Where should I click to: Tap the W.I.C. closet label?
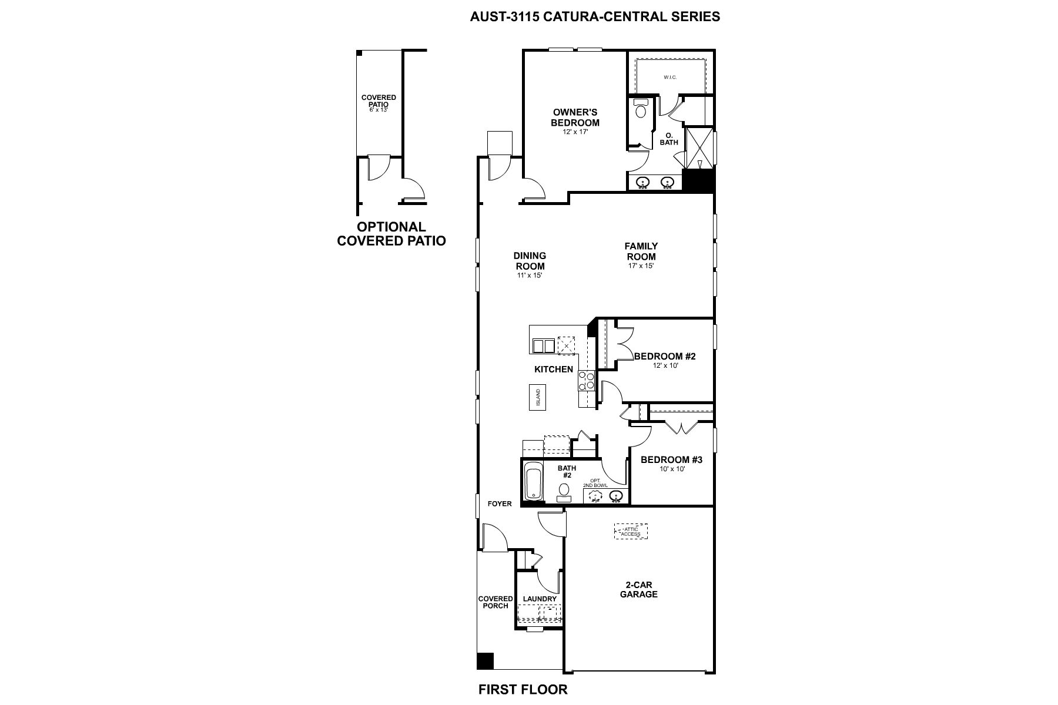(x=670, y=77)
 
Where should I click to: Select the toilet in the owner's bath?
(x=640, y=110)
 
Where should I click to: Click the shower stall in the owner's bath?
(x=699, y=149)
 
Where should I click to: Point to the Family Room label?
(x=641, y=251)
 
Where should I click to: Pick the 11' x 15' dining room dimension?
(x=530, y=275)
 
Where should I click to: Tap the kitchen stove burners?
(x=587, y=380)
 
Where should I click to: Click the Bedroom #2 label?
(x=665, y=356)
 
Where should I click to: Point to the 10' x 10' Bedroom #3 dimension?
(x=671, y=469)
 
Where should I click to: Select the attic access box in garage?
(x=630, y=531)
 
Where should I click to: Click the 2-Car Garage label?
(x=641, y=589)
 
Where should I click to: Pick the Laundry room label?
(x=540, y=599)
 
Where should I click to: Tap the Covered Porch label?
(x=495, y=602)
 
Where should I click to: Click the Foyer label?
(x=500, y=503)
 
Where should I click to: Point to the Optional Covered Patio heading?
(x=391, y=234)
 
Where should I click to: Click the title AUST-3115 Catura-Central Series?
(x=595, y=16)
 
